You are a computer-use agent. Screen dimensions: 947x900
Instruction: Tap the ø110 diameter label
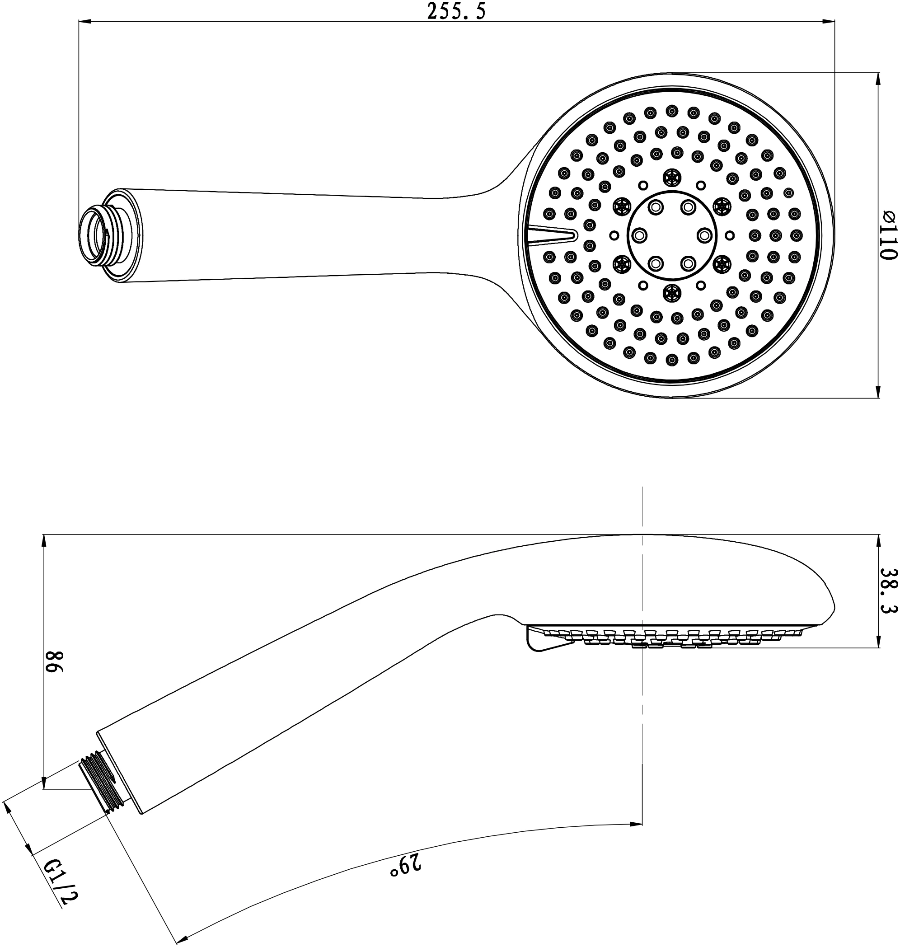(x=889, y=235)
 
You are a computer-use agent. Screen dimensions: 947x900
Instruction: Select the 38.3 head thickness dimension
(x=889, y=591)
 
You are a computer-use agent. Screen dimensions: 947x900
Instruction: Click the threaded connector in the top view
(x=98, y=235)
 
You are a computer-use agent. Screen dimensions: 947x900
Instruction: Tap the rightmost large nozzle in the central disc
(x=704, y=235)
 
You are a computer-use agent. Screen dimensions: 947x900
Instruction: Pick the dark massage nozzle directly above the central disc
(x=672, y=178)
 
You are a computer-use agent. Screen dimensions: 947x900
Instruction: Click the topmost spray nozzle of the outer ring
(x=672, y=111)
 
